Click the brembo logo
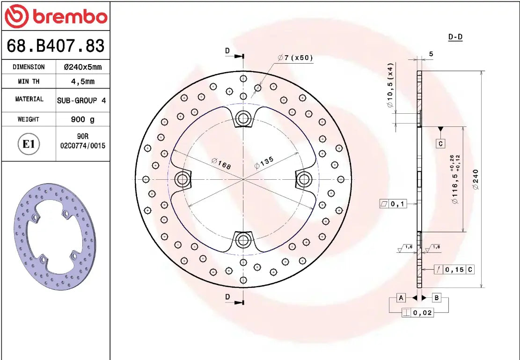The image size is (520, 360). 55,16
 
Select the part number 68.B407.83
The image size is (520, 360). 55,46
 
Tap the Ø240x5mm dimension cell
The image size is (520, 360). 82,67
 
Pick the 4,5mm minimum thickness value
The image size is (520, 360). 82,81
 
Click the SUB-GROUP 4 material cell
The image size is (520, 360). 81,100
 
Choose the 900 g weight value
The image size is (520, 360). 82,119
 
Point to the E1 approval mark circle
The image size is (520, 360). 29,144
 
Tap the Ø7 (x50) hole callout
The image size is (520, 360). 295,58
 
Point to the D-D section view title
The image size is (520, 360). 455,37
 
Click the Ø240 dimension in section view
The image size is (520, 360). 476,179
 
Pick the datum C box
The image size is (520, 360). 440,144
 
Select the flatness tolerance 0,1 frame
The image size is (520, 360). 393,204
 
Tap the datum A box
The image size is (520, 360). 401,298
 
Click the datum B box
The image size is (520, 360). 436,298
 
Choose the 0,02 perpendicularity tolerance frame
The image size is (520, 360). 417,313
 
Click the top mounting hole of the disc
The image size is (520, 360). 243,118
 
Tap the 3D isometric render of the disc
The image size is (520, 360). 55,236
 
